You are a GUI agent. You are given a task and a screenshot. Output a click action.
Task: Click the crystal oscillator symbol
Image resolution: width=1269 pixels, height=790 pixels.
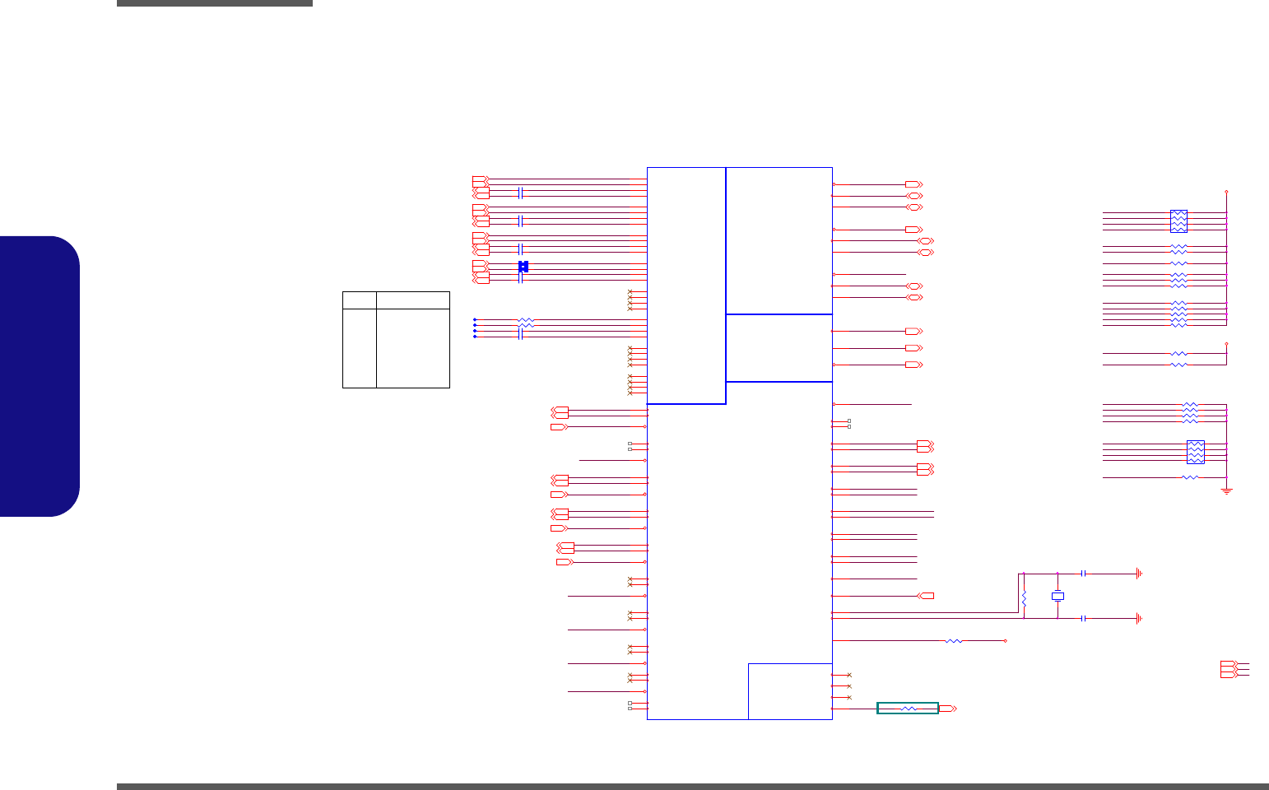click(1058, 596)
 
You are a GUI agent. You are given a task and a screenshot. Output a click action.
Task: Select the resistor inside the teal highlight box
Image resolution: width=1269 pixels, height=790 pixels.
click(909, 709)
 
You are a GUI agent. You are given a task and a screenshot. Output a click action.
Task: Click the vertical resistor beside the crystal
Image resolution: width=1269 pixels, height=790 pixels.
click(1024, 600)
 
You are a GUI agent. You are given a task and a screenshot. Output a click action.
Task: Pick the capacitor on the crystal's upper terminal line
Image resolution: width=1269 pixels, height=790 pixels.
click(1084, 574)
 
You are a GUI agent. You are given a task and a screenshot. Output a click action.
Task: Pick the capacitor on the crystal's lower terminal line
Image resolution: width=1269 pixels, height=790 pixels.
click(1084, 618)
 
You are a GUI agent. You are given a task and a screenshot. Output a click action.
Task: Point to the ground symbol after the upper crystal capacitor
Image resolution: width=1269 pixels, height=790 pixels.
click(1139, 574)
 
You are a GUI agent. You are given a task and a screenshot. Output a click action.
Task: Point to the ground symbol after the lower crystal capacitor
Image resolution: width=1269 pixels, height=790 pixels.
click(1139, 618)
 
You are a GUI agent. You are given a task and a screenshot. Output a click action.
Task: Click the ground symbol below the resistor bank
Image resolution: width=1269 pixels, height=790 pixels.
click(1227, 491)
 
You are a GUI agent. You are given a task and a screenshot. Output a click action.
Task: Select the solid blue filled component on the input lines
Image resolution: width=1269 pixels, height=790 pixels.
click(523, 266)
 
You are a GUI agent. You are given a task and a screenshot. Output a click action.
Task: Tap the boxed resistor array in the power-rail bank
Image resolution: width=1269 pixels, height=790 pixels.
click(1178, 221)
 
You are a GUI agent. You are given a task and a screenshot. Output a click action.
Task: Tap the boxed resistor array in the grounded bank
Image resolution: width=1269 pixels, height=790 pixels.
click(1196, 452)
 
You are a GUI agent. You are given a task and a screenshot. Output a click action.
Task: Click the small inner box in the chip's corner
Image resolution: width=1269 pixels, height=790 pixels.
click(790, 691)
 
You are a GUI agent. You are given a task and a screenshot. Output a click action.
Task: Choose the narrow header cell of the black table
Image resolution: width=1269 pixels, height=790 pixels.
click(359, 300)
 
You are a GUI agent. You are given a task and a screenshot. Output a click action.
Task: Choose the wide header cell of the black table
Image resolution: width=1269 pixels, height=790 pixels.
click(413, 300)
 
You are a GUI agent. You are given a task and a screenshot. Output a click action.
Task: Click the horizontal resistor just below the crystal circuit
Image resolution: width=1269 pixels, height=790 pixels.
click(954, 641)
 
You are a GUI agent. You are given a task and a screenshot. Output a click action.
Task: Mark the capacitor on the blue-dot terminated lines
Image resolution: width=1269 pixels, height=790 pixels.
click(521, 333)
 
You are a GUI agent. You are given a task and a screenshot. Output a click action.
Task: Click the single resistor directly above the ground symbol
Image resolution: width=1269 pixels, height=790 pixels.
click(1190, 477)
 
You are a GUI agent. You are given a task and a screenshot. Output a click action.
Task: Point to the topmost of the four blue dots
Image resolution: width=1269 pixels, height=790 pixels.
click(475, 319)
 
